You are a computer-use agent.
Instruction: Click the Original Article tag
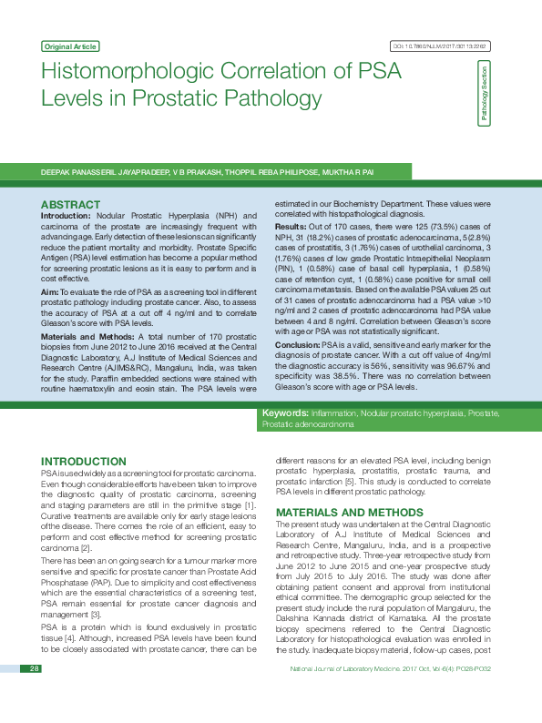coord(70,46)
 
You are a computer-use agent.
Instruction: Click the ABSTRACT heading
coord(71,205)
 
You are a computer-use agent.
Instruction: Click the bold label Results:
coord(291,226)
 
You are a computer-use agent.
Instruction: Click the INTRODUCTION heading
coord(84,463)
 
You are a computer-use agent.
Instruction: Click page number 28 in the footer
coord(34,695)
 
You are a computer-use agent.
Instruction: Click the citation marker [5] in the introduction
coord(347,481)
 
